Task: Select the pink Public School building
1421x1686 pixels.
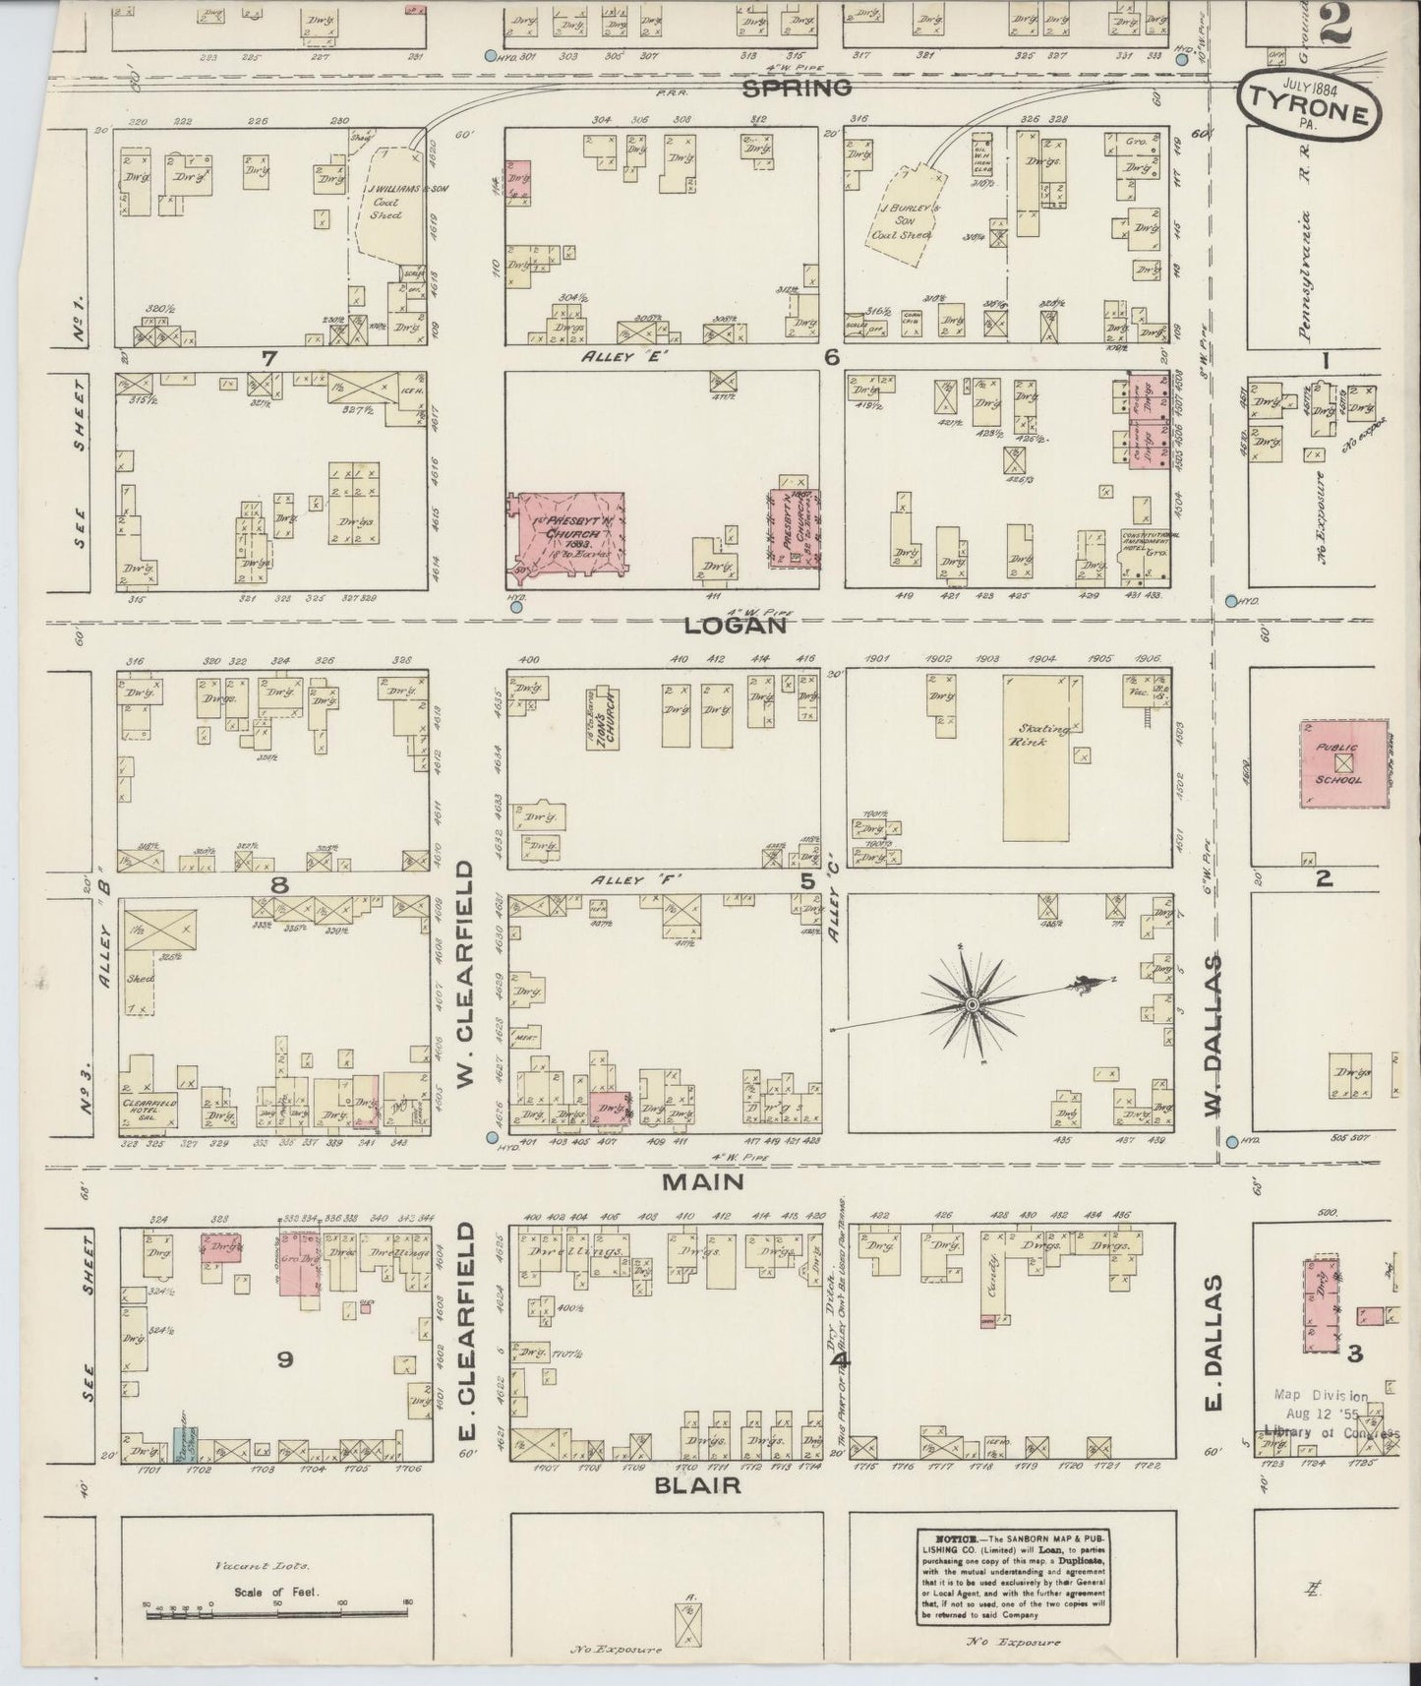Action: pos(1343,764)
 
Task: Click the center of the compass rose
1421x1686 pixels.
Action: pos(972,1004)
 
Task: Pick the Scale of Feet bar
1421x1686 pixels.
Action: pos(278,1613)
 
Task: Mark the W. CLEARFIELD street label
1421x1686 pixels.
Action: pos(466,977)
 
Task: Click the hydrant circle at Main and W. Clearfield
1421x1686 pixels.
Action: pos(492,1138)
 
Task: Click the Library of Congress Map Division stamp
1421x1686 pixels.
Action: pos(1330,1414)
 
